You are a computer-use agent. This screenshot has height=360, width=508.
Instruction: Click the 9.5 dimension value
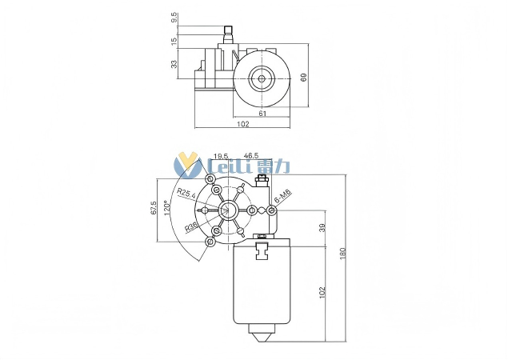click(x=174, y=17)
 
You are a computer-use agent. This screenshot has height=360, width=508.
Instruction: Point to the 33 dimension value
click(x=174, y=63)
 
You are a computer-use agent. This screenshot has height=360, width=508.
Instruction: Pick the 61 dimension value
click(x=262, y=113)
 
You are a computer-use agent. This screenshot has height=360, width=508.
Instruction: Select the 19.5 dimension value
click(x=221, y=156)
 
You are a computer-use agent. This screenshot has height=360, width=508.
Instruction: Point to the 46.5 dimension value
click(x=251, y=156)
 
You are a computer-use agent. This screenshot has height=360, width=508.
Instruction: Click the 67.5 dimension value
click(x=154, y=210)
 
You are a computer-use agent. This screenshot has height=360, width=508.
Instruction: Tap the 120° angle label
click(x=166, y=208)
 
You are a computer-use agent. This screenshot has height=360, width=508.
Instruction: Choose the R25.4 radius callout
click(x=186, y=194)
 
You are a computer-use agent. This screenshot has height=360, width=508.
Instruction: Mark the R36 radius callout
click(x=192, y=227)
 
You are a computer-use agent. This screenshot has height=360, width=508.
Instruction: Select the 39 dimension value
click(x=322, y=228)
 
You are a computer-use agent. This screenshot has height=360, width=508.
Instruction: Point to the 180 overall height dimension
click(x=344, y=254)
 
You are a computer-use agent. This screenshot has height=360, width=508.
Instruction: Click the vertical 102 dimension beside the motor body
click(x=322, y=292)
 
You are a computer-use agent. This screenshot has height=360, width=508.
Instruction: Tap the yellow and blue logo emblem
click(x=189, y=166)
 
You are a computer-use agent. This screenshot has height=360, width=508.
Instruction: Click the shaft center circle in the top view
click(x=262, y=78)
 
